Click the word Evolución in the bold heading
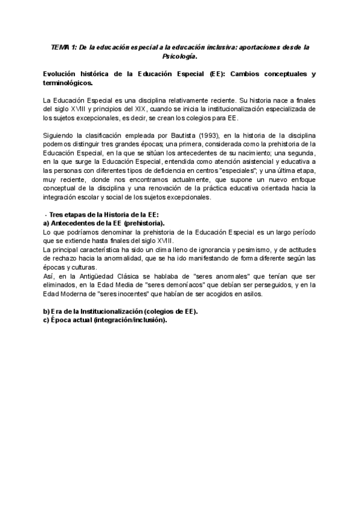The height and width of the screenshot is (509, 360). [x=59, y=74]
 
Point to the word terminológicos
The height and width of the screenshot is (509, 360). [x=68, y=83]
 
